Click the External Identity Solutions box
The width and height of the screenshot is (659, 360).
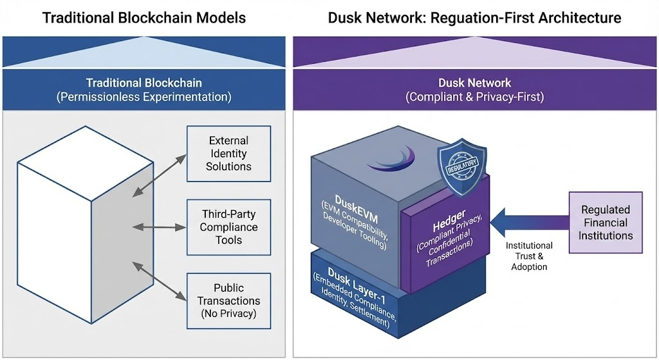pos(228,153)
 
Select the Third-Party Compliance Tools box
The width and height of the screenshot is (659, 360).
pos(228,226)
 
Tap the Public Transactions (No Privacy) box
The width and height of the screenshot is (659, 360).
pos(228,301)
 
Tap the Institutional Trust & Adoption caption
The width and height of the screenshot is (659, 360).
pos(529,256)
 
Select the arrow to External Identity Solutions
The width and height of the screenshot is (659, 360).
pos(161,172)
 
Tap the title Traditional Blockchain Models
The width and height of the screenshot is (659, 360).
pos(144,17)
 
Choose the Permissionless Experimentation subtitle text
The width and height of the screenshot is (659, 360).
pos(144,98)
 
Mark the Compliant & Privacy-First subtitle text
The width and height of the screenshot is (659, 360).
pos(474,98)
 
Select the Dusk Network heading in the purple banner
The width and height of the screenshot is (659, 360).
pos(474,83)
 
